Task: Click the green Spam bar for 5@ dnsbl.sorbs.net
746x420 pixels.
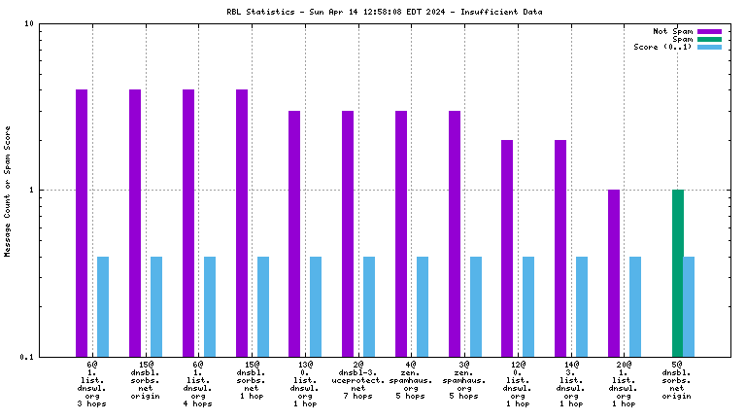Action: [x=678, y=272]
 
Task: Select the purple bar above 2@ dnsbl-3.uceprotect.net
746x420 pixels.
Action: [x=348, y=233]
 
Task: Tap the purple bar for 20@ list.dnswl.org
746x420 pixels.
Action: [x=614, y=272]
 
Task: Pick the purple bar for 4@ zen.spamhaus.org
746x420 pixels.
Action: [x=401, y=233]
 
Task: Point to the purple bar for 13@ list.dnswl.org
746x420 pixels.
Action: [x=294, y=233]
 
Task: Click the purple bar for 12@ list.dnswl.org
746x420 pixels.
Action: [x=507, y=248]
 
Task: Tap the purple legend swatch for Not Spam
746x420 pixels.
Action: [x=709, y=31]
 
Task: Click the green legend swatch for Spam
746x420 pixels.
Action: [x=709, y=39]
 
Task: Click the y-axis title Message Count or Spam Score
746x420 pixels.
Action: [x=8, y=191]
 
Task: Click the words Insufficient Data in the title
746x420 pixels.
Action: [x=506, y=12]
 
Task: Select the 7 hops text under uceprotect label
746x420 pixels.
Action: [x=357, y=396]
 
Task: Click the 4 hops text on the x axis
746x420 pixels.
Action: [x=198, y=396]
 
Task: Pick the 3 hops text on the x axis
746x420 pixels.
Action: [x=91, y=403]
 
